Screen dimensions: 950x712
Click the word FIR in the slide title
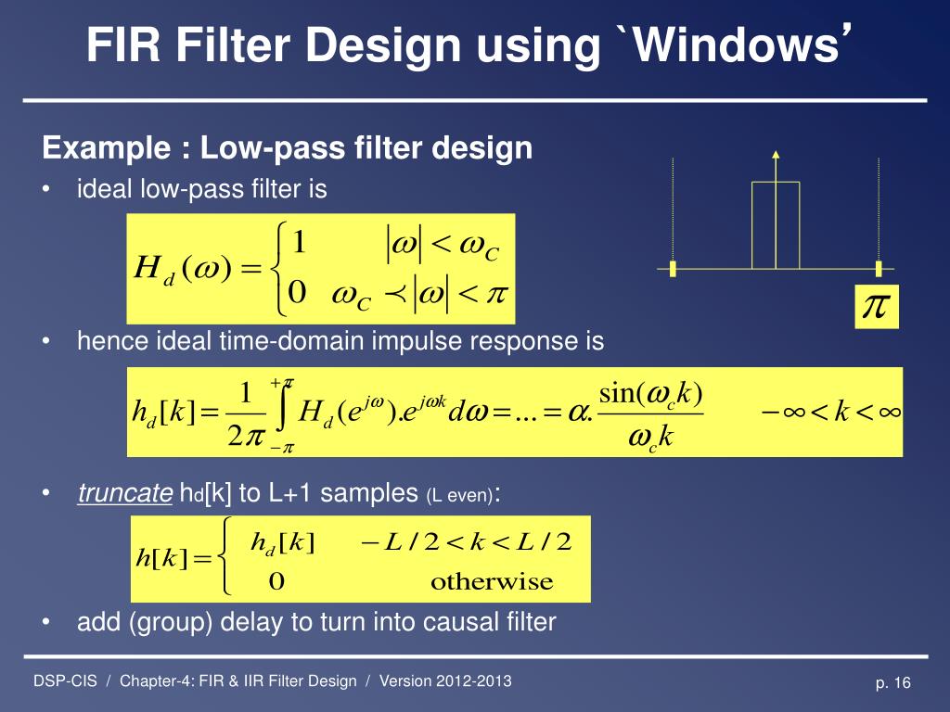pos(120,46)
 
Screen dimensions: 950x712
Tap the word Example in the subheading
pos(101,148)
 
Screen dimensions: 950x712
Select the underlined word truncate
pos(125,493)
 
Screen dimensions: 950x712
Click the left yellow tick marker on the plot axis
pos(674,269)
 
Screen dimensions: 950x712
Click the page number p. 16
pos(893,683)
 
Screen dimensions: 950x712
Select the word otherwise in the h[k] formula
pos(491,582)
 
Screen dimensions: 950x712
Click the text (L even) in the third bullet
pos(460,495)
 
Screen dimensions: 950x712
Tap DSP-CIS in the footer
pos(65,681)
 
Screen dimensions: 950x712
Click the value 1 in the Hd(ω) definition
pos(299,243)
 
